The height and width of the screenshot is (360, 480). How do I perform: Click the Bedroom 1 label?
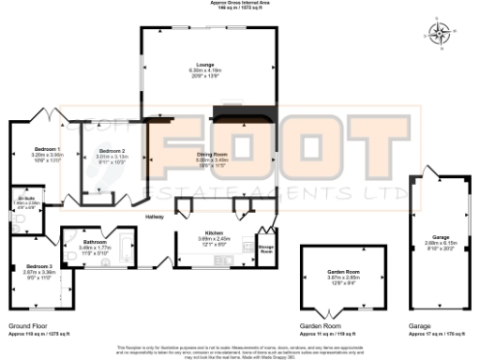47,149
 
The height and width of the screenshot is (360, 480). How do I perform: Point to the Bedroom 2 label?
111,150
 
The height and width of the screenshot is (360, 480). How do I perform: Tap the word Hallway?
155,217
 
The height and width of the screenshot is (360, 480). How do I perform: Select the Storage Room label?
266,249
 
